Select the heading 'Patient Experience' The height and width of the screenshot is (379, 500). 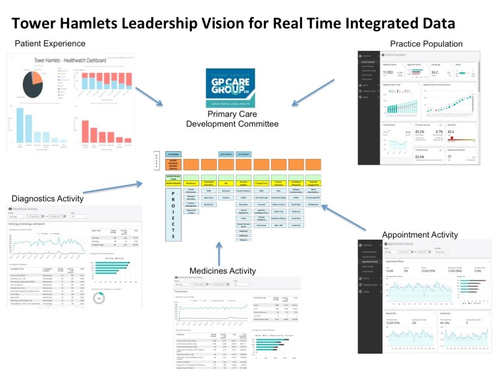tap(51, 44)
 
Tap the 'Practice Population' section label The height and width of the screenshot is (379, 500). tap(426, 44)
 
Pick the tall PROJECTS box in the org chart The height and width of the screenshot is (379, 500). tap(173, 214)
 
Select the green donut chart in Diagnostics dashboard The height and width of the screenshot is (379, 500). tap(99, 297)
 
